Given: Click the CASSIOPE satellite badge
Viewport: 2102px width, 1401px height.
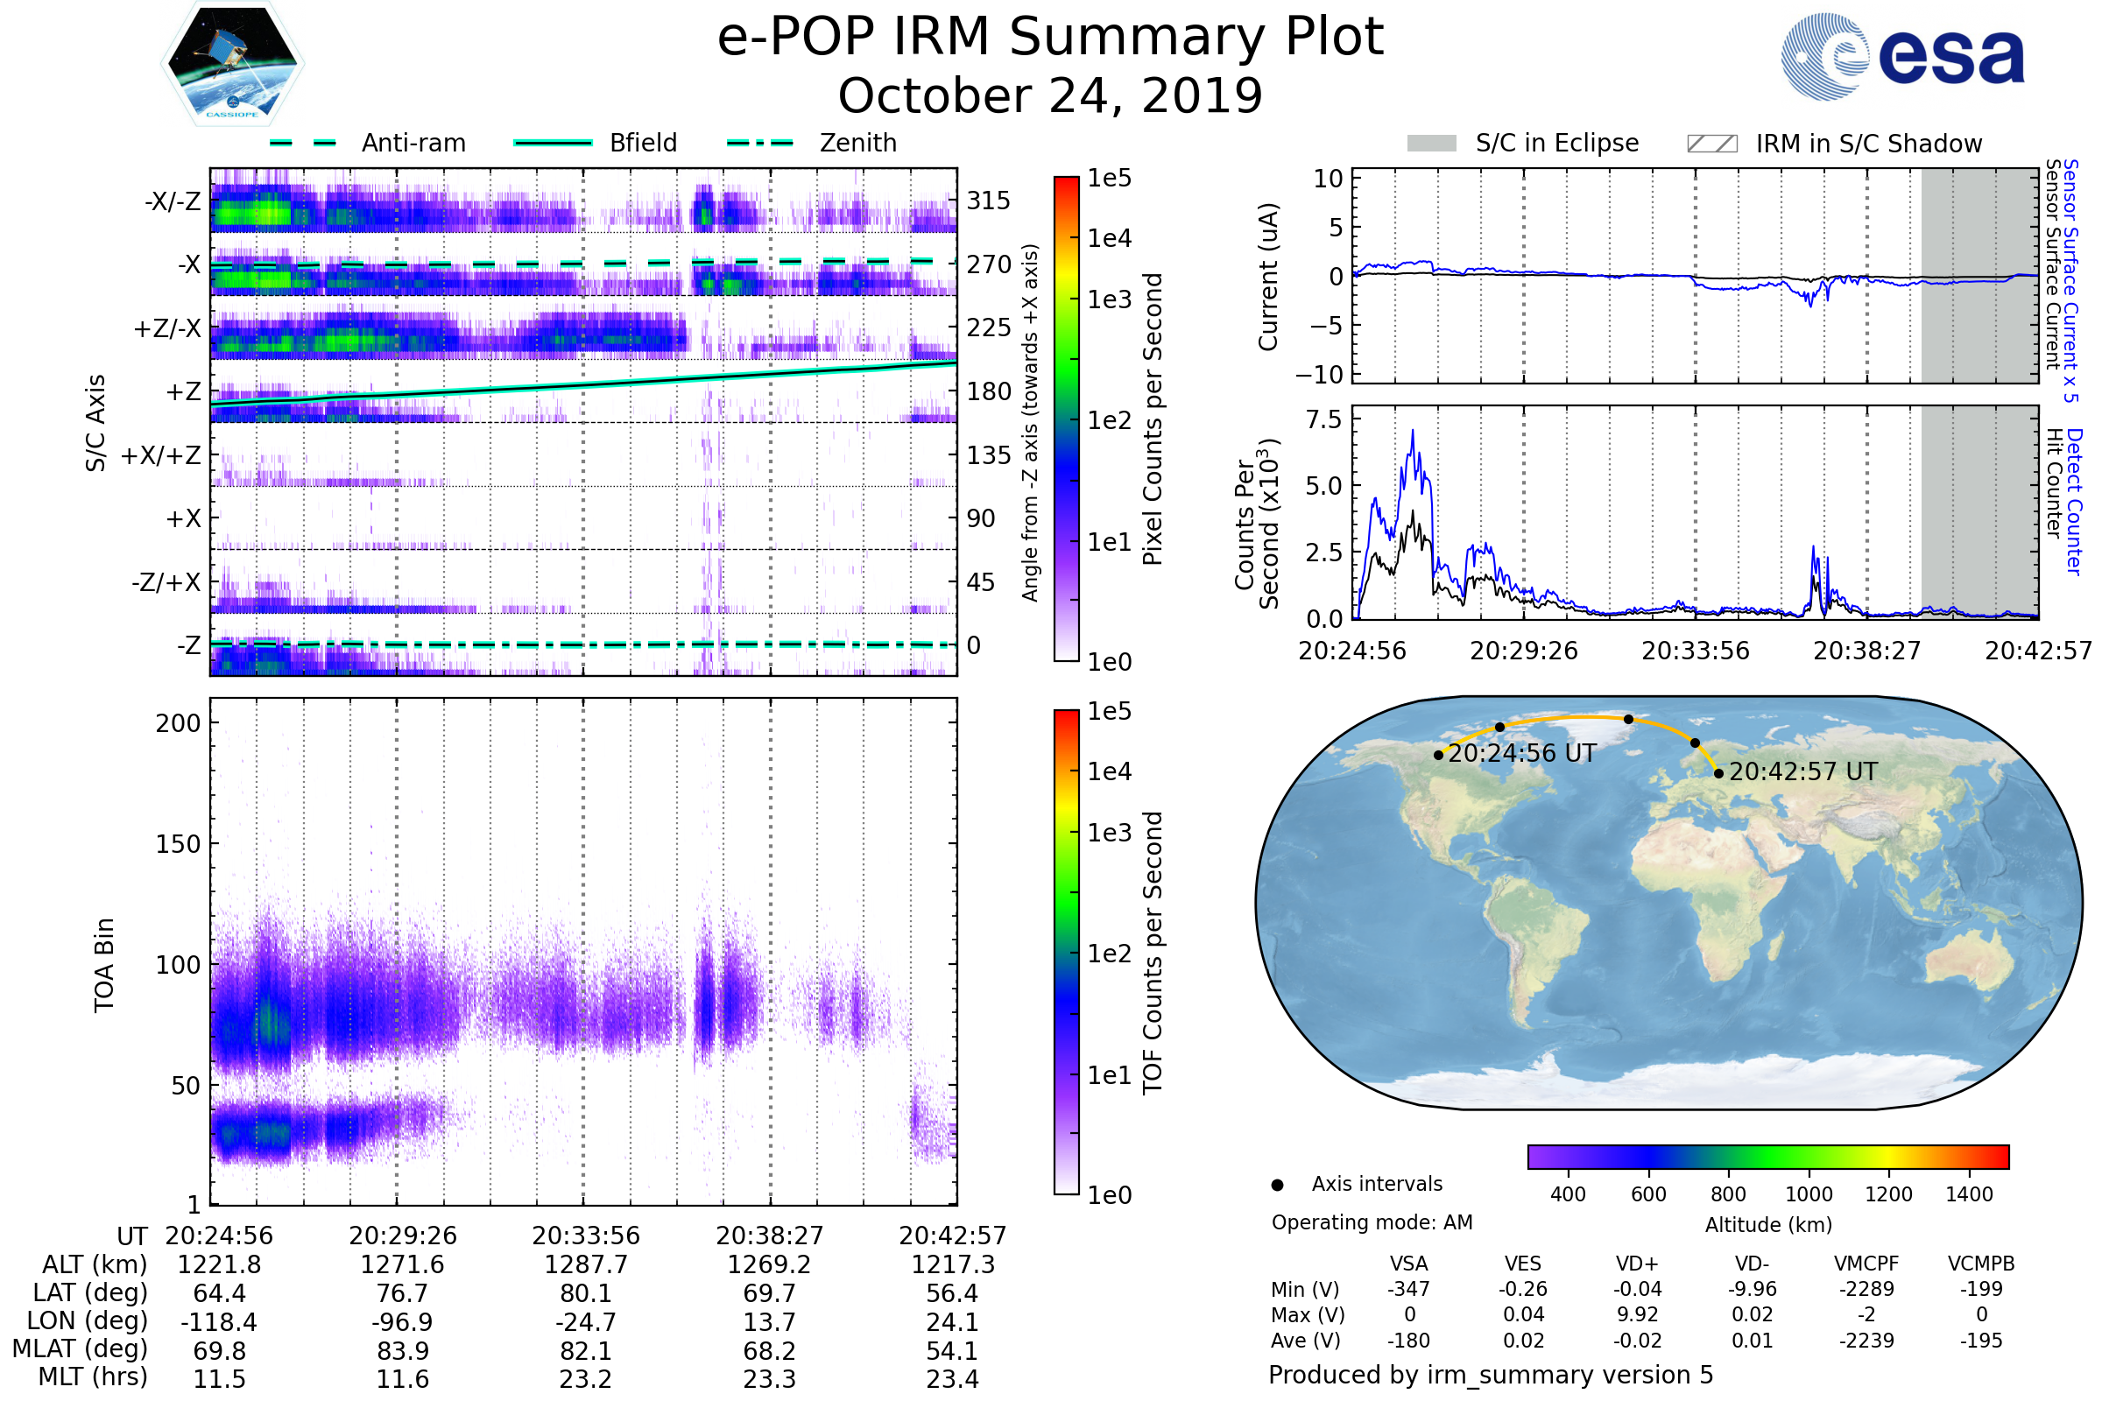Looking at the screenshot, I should click(x=232, y=62).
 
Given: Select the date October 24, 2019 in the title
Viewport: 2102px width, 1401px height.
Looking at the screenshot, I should click(x=1050, y=96).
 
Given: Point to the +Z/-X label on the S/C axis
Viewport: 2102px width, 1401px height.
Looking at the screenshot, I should click(x=167, y=329).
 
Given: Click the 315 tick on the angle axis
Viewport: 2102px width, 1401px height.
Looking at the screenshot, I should click(x=988, y=201).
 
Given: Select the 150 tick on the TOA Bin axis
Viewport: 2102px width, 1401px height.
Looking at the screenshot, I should click(x=178, y=844).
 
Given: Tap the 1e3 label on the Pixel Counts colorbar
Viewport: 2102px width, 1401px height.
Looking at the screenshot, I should click(x=1109, y=300).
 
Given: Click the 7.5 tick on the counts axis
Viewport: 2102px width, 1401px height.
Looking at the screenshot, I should click(x=1323, y=420).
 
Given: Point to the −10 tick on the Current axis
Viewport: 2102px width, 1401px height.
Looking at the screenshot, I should click(x=1320, y=376).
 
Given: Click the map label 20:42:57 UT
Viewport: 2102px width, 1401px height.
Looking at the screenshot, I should click(x=1802, y=772).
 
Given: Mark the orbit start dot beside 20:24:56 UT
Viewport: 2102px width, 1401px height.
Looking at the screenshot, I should click(x=1438, y=755).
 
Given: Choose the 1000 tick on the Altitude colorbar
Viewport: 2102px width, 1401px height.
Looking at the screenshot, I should click(x=1808, y=1194).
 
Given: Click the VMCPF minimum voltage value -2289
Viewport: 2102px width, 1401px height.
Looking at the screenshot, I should click(x=1866, y=1289).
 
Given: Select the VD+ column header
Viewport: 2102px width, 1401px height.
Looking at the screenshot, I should click(x=1636, y=1264).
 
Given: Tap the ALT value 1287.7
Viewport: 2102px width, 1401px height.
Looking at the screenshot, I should click(x=586, y=1265).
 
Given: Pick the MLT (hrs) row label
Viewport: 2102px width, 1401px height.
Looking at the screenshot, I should click(x=92, y=1376).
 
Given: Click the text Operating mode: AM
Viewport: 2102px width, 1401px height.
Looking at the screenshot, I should click(x=1372, y=1222).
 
